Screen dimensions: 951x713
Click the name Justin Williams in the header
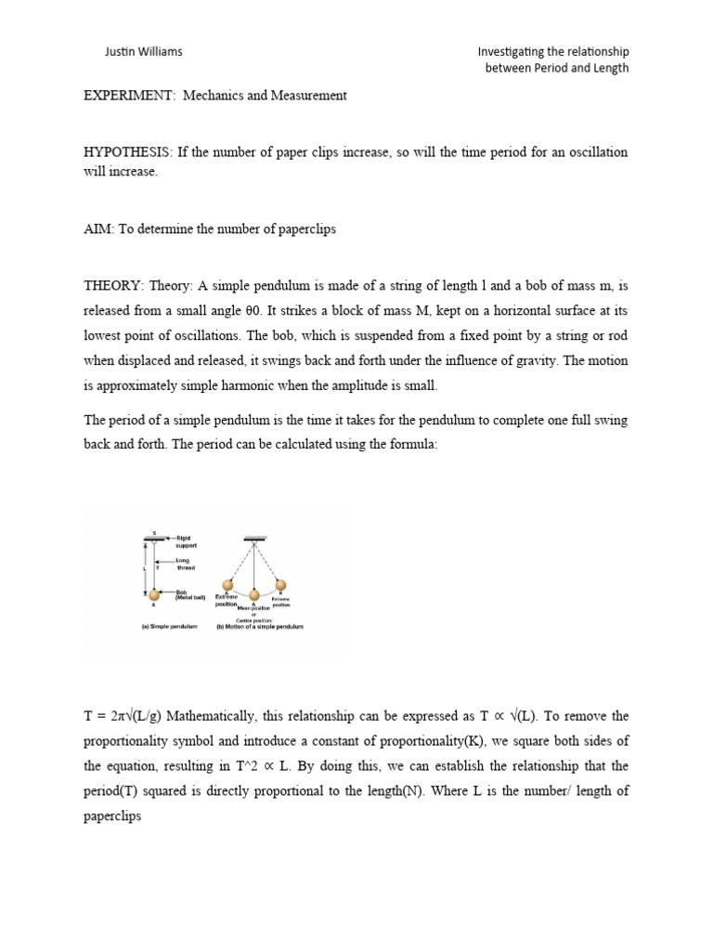click(x=143, y=52)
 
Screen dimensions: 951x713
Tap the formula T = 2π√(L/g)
click(x=123, y=716)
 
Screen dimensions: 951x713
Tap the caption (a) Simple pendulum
click(x=165, y=626)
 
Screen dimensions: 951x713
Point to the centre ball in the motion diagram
click(x=253, y=594)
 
